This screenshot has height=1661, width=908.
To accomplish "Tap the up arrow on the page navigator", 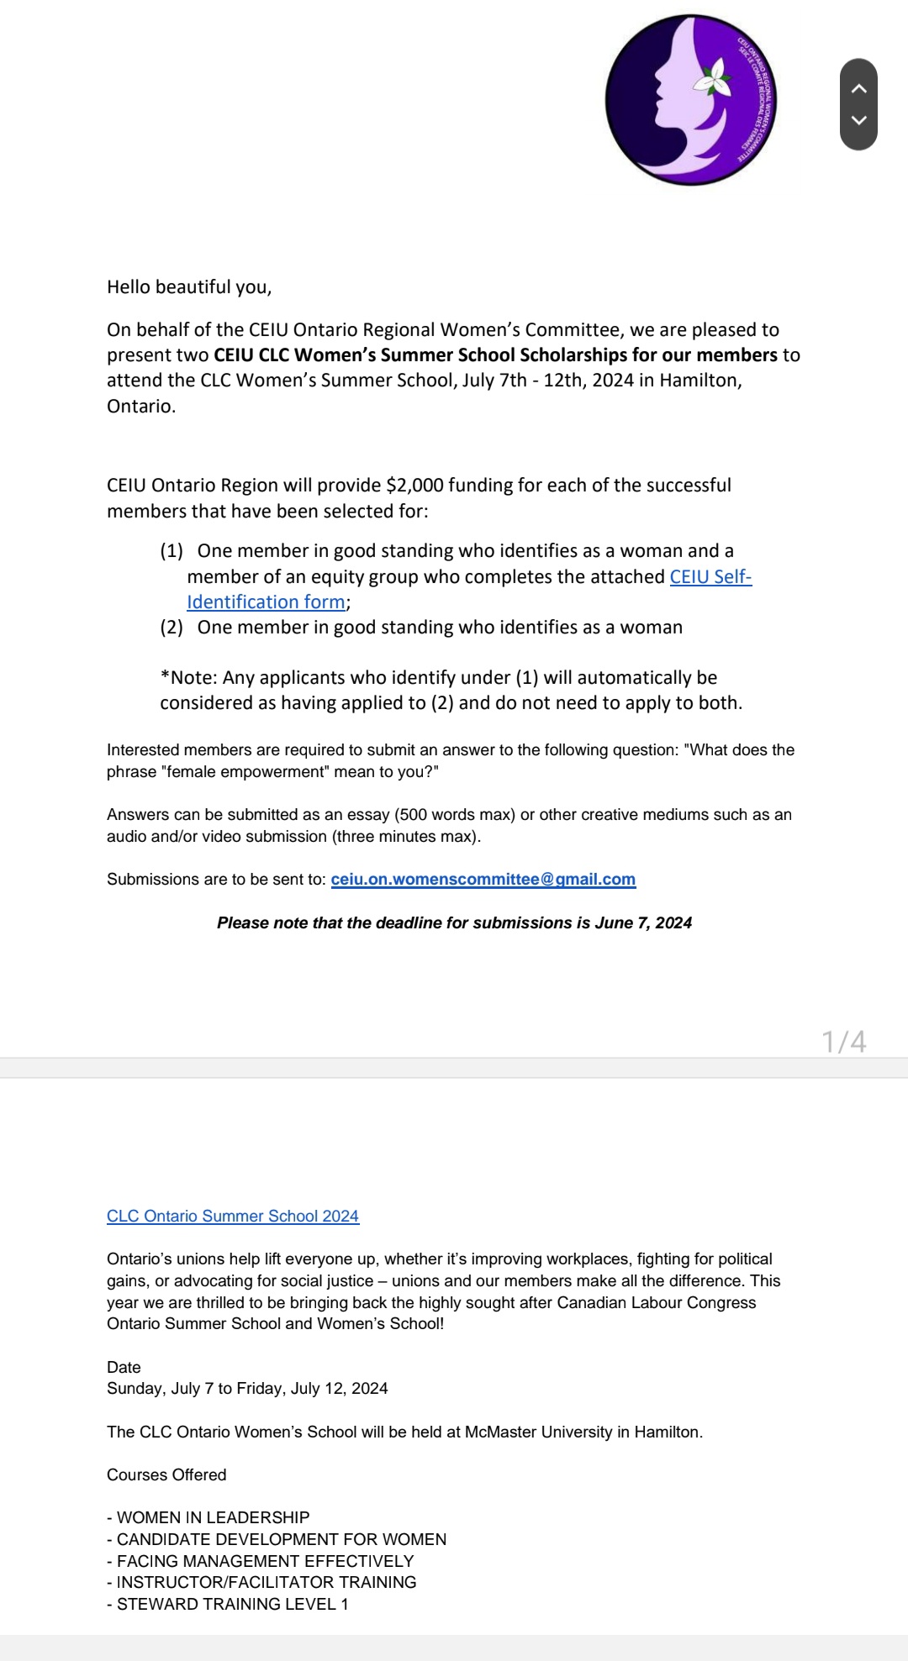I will point(858,88).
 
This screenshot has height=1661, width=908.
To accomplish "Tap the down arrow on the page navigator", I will point(858,120).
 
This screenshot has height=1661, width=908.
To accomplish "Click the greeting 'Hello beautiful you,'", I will point(189,287).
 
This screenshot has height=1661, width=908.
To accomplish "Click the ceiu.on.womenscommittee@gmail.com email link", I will point(483,879).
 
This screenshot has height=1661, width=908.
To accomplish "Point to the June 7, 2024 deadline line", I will point(454,922).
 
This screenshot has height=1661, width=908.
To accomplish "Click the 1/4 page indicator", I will point(843,1042).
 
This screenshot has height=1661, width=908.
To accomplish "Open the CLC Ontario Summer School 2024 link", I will point(233,1216).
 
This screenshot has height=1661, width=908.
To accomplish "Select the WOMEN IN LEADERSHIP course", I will point(213,1517).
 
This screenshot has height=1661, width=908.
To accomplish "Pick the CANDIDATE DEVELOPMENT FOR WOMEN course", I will point(281,1539).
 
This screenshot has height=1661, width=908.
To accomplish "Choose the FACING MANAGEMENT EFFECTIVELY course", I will point(265,1561).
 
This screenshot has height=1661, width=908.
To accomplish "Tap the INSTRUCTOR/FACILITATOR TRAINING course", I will point(266,1582).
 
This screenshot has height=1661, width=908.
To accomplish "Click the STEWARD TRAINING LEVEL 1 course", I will point(232,1604).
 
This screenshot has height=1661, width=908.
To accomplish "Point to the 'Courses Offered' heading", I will point(166,1474).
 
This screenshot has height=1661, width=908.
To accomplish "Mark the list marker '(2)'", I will point(172,628).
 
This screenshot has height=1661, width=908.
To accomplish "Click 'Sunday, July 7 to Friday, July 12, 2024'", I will point(247,1388).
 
